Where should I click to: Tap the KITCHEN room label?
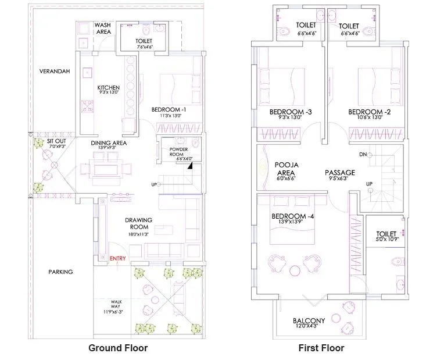click(x=109, y=88)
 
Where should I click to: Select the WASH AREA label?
click(x=103, y=28)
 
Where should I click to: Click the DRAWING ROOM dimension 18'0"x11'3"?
click(x=138, y=234)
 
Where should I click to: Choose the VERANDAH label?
click(x=55, y=71)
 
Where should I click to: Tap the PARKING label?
click(x=60, y=272)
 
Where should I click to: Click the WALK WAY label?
click(x=117, y=305)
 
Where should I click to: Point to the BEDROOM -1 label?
click(x=169, y=109)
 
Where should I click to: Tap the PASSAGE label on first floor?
click(x=339, y=173)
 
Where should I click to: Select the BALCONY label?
click(x=309, y=321)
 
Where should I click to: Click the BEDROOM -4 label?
click(x=293, y=217)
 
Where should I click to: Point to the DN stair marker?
click(x=362, y=155)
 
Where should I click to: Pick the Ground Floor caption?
click(x=118, y=348)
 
